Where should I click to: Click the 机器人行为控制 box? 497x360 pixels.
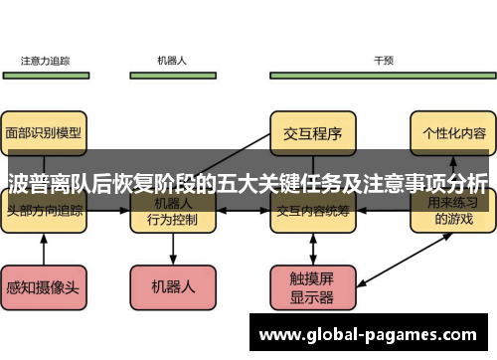click(171, 212)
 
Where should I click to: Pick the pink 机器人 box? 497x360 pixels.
click(171, 286)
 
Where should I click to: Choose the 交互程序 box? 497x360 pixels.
click(313, 131)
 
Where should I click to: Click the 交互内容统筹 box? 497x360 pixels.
click(313, 211)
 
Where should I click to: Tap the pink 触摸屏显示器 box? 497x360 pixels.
click(313, 286)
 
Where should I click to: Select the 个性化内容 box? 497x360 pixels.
click(453, 131)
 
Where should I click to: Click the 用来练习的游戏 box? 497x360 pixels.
click(453, 212)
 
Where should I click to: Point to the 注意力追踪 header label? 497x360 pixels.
click(46, 61)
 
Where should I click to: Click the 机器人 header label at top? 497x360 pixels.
click(171, 61)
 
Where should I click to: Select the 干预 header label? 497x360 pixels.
click(384, 61)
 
